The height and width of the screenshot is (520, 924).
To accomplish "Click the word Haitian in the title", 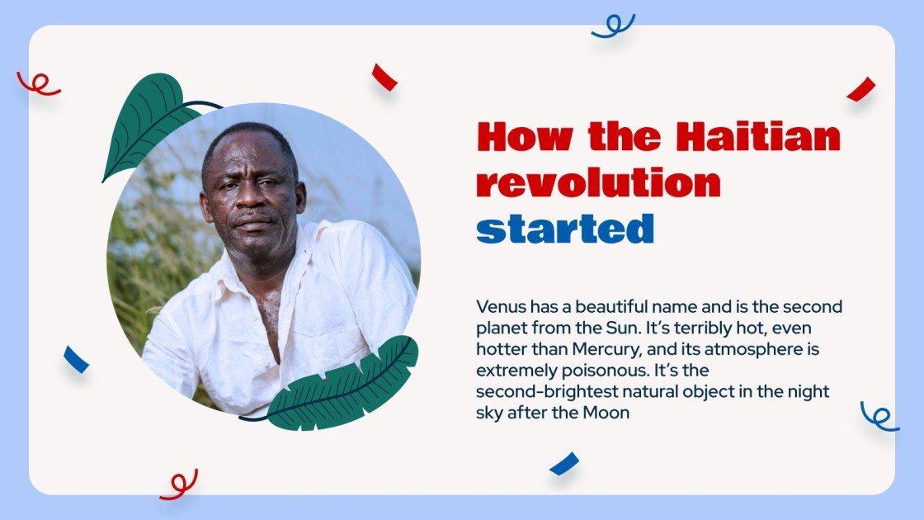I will (758, 137).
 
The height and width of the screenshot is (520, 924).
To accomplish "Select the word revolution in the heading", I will (599, 183).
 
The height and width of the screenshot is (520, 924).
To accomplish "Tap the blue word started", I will (565, 229).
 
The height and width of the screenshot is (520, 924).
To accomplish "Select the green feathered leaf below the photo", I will (343, 388).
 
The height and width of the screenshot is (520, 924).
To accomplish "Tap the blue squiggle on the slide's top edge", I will (613, 26).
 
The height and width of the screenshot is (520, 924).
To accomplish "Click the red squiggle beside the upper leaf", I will (38, 83).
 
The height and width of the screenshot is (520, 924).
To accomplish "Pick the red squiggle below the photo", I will (180, 485).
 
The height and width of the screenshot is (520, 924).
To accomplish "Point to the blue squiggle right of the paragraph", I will (879, 416).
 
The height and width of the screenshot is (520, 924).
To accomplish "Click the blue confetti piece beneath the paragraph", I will (564, 464).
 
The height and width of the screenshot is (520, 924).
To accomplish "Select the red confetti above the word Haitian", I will (384, 77).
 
